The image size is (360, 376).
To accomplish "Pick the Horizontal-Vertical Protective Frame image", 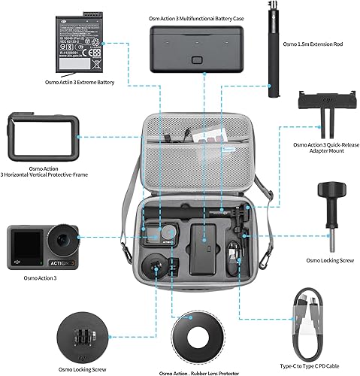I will [x=38, y=138].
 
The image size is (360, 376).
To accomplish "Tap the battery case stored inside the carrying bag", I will [x=201, y=249].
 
